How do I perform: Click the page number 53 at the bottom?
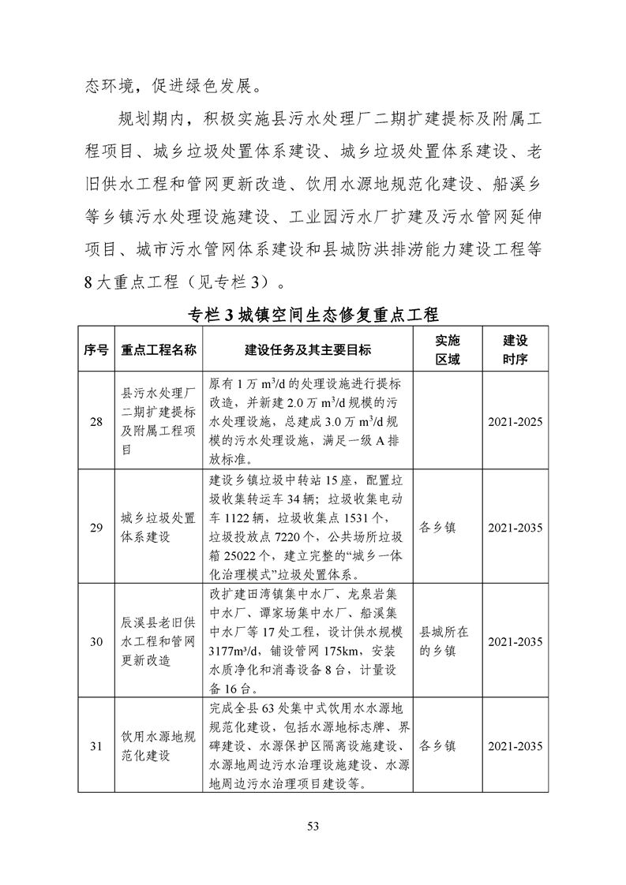point(313,826)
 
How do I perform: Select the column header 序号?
point(96,350)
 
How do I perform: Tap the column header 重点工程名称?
point(158,350)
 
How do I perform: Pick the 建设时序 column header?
point(515,350)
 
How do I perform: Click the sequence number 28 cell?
point(96,423)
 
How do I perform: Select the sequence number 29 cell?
point(96,528)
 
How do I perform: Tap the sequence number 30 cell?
point(96,641)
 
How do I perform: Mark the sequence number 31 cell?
point(96,745)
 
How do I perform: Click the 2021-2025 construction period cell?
point(515,423)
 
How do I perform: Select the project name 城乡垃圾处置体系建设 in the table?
point(158,528)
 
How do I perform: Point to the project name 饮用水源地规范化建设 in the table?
point(158,745)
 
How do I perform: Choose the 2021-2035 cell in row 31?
point(515,745)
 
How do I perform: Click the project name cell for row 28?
point(158,423)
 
